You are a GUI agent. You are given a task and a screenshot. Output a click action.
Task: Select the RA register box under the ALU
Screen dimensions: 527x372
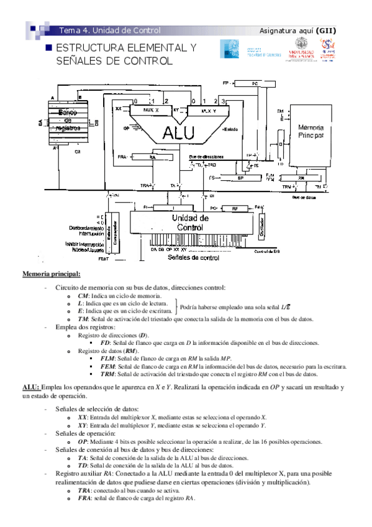point(152,158)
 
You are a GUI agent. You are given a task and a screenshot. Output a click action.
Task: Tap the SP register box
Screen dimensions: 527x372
point(241,178)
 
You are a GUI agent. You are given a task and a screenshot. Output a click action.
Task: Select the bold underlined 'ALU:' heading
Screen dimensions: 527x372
point(32,387)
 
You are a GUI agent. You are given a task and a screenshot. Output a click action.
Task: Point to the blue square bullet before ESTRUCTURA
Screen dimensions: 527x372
point(47,48)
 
